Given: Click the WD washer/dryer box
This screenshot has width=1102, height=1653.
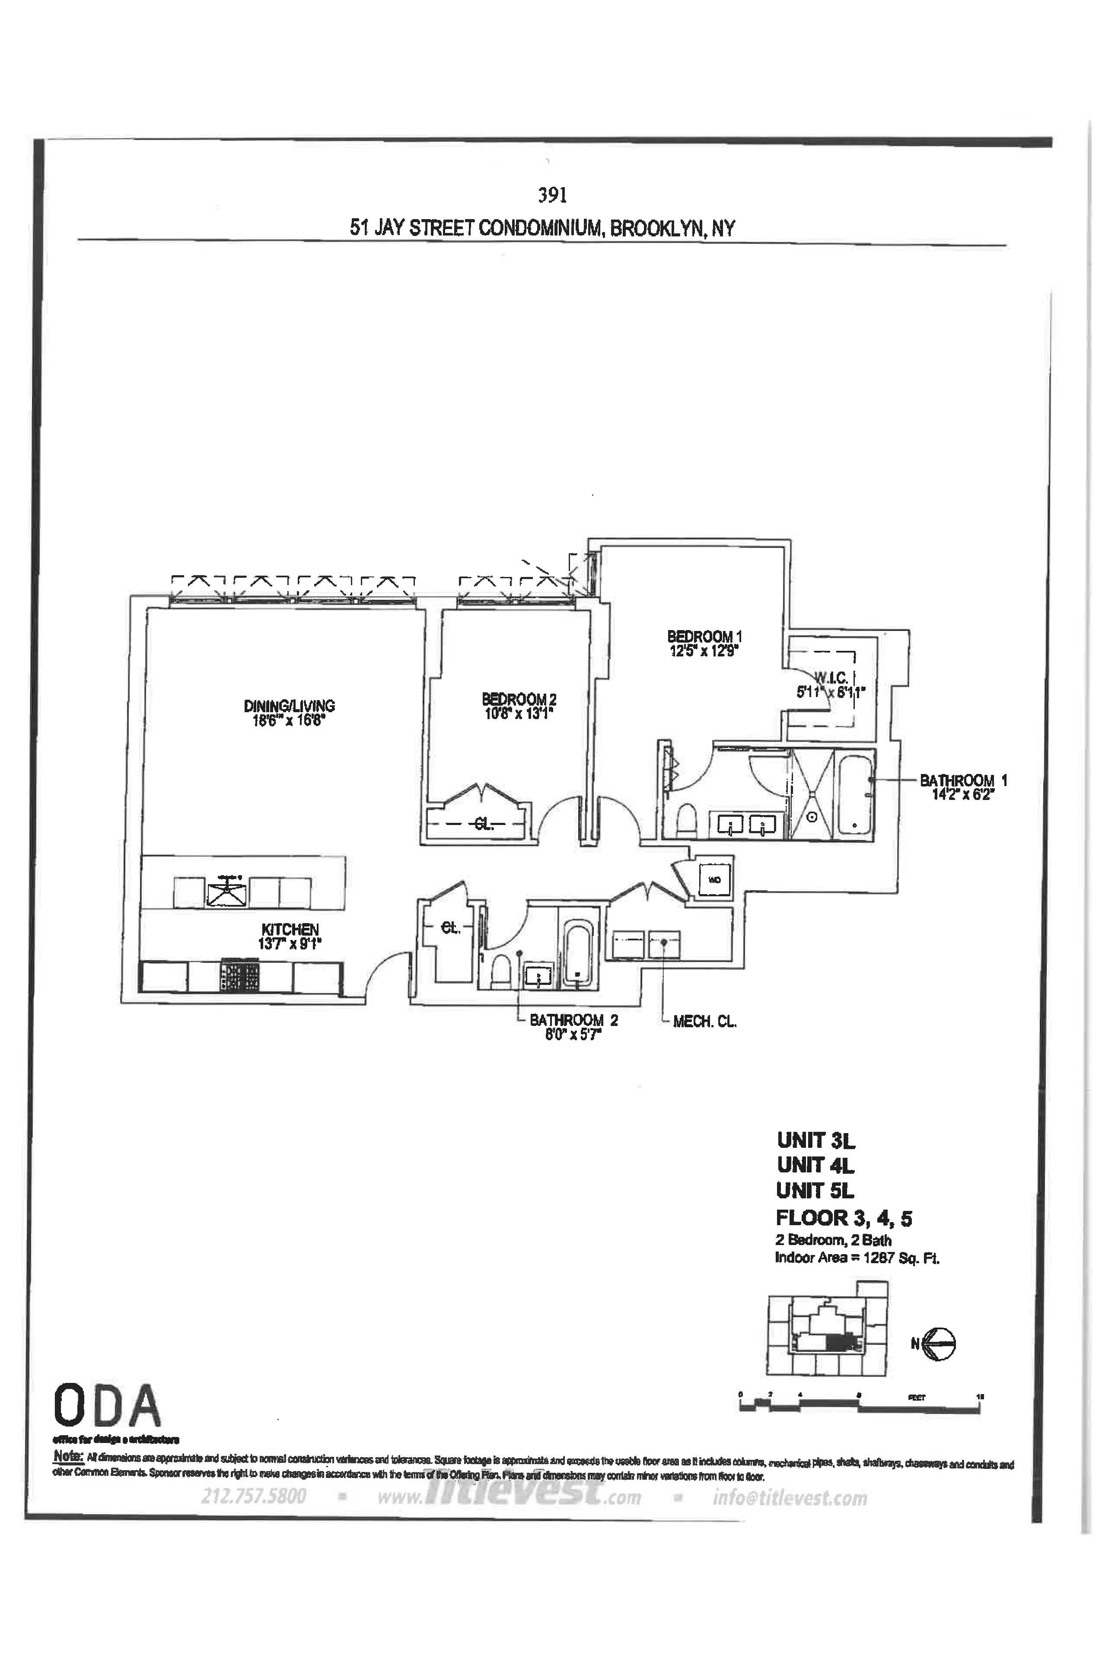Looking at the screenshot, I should tap(715, 879).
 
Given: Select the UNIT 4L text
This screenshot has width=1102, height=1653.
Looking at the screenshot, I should tap(815, 1165).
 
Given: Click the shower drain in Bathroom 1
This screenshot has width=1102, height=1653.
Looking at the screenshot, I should tap(812, 817).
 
